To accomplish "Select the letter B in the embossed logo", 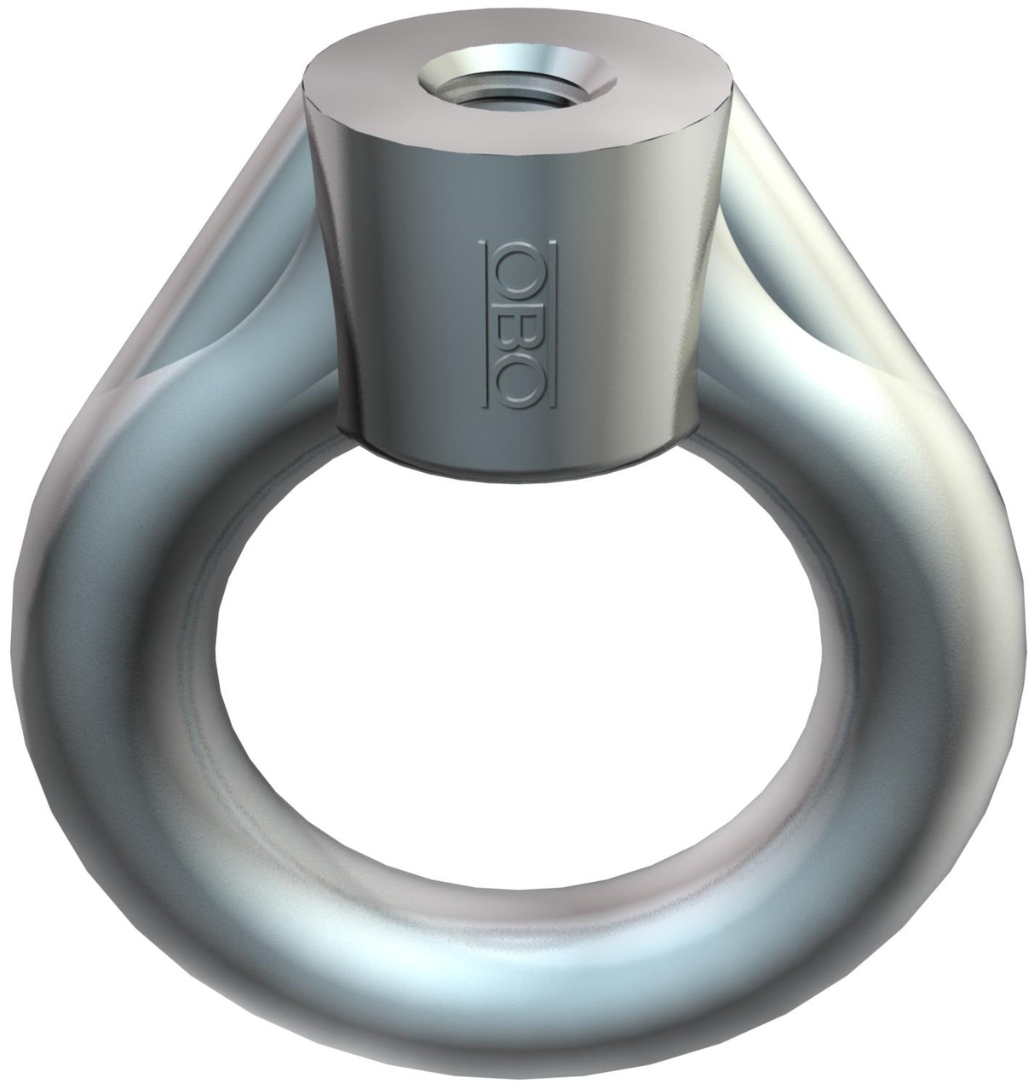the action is tap(519, 325).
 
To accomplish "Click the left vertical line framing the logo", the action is tap(483, 325).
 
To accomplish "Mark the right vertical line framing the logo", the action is tap(553, 325).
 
